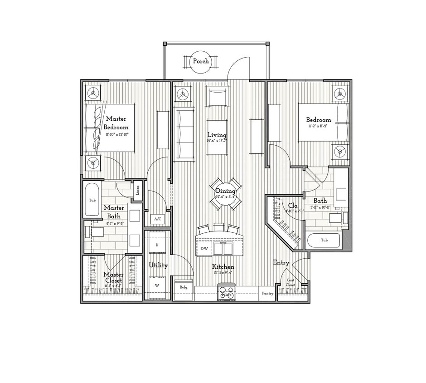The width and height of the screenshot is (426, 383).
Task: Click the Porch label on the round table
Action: [x=201, y=61]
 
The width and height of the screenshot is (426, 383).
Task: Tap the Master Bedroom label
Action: [x=116, y=123]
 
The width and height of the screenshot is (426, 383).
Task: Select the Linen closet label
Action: [x=137, y=191]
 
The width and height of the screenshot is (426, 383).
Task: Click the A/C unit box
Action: [x=157, y=219]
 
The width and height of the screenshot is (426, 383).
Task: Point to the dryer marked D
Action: [x=157, y=245]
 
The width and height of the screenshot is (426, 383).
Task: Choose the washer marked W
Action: [x=157, y=285]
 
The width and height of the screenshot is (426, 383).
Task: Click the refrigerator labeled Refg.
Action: [x=184, y=287]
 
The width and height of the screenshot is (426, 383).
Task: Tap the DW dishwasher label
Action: [x=204, y=249]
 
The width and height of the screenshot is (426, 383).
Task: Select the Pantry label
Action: [x=267, y=294]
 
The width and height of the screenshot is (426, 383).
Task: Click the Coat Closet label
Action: [x=290, y=283]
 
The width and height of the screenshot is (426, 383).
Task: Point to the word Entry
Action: [x=281, y=263]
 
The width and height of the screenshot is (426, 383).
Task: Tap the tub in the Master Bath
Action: [x=92, y=200]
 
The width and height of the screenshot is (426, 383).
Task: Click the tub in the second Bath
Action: [x=324, y=240]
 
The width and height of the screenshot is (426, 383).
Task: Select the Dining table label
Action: [x=225, y=191]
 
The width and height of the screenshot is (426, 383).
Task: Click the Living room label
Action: [x=217, y=135]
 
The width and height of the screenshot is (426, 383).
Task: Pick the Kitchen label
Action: [x=223, y=267]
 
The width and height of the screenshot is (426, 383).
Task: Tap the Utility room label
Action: [x=158, y=265]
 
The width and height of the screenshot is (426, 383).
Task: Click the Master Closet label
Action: [x=113, y=277]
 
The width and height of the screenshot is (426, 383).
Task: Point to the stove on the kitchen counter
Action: [x=227, y=291]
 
